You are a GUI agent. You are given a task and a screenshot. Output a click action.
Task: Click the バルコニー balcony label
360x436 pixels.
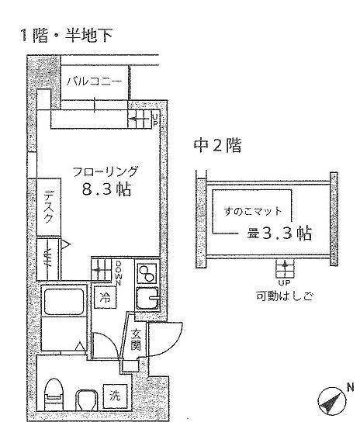tap(94, 81)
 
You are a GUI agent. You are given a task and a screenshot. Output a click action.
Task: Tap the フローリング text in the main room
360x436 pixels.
tap(105, 171)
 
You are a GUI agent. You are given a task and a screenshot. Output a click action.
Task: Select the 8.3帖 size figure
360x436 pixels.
tap(106, 189)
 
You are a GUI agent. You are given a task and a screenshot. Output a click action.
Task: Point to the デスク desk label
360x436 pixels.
tap(49, 207)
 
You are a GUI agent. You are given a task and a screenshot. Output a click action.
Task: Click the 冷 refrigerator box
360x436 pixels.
tap(105, 298)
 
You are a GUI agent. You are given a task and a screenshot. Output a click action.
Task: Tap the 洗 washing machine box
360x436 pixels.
tap(115, 396)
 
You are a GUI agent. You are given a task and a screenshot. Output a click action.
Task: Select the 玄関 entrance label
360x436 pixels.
tap(137, 340)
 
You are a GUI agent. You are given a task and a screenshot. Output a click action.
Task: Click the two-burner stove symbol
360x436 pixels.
tap(147, 273)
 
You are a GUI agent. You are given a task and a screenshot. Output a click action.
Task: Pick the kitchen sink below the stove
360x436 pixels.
tap(147, 299)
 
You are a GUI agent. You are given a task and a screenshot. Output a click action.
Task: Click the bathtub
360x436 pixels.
tap(64, 302)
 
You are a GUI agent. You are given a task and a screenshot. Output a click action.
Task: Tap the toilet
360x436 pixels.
tap(53, 394)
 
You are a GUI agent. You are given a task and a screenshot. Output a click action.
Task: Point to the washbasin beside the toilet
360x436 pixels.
tap(87, 400)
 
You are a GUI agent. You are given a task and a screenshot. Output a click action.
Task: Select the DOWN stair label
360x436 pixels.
tap(119, 273)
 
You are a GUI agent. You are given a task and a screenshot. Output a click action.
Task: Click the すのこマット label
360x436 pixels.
tap(253, 212)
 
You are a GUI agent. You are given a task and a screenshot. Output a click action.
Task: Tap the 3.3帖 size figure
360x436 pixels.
tap(287, 233)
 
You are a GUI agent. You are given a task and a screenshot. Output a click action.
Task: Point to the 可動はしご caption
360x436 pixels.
tap(285, 296)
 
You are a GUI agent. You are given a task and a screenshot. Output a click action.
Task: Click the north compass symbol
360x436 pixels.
tap(333, 400)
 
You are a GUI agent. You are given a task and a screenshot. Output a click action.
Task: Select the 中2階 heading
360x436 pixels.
tap(217, 145)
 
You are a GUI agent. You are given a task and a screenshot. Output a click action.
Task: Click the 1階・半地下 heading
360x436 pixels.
tap(66, 35)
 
